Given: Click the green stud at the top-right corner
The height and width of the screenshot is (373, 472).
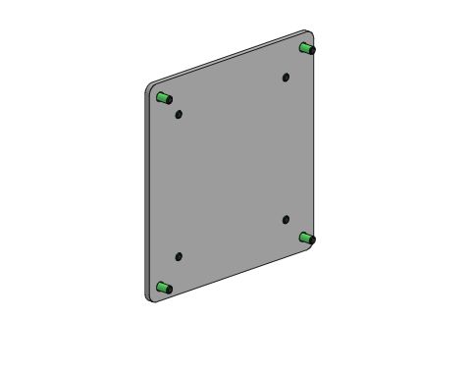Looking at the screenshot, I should (x=307, y=47).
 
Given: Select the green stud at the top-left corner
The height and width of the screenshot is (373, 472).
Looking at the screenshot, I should (x=163, y=97).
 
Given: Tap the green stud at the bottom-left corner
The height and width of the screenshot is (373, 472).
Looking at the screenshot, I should (x=163, y=288).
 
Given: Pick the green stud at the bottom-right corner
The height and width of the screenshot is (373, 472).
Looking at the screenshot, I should (x=307, y=238).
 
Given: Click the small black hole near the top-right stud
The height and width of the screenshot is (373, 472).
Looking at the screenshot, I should (x=286, y=76).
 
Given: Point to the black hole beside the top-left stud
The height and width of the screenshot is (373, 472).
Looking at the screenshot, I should (x=178, y=114).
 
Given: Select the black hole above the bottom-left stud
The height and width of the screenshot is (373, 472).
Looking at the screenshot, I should (x=179, y=256).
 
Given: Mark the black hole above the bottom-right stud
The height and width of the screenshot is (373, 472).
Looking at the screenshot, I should (x=286, y=219).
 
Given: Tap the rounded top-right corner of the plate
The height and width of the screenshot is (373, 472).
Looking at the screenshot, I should (x=306, y=34).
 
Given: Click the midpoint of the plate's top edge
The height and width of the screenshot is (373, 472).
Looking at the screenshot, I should (x=228, y=57).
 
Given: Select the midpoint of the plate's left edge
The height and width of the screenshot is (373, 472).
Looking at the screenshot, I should (x=146, y=191).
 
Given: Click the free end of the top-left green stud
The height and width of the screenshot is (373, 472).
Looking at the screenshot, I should (x=158, y=97).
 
